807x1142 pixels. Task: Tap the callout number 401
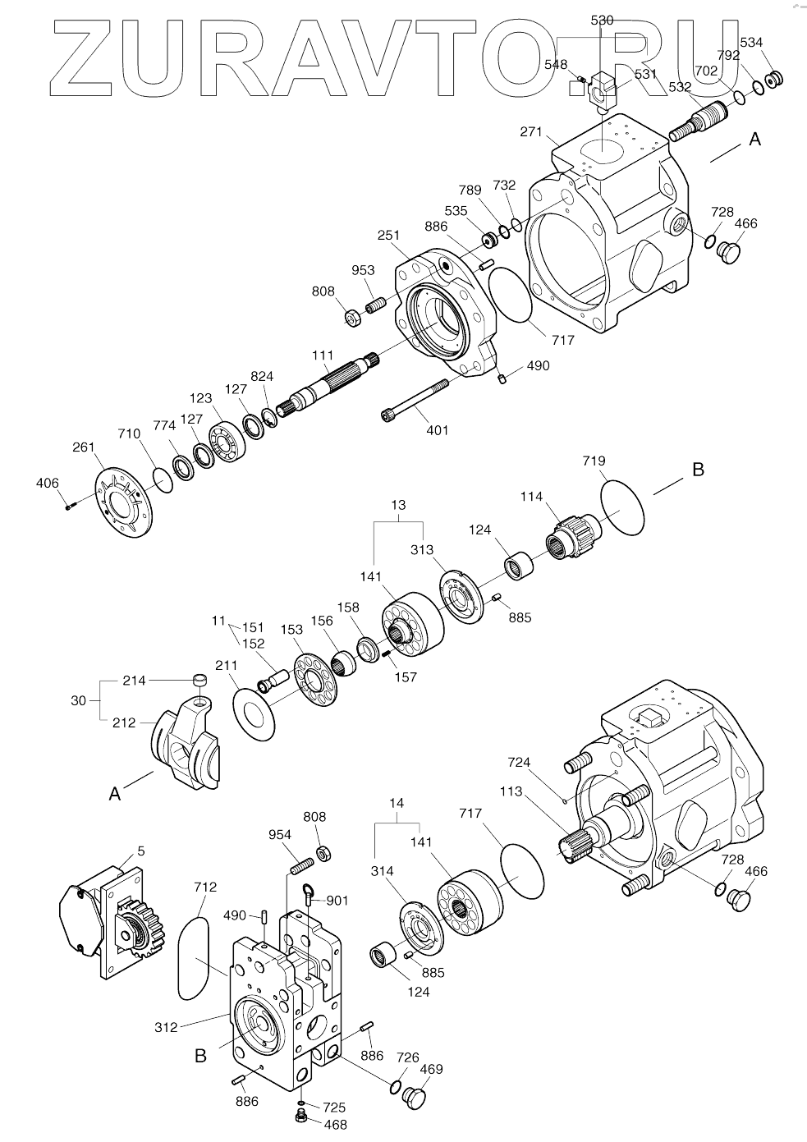pyautogui.click(x=438, y=429)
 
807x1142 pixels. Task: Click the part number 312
pyautogui.click(x=167, y=1027)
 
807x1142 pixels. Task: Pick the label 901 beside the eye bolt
pyautogui.click(x=337, y=900)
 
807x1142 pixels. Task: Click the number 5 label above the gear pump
pyautogui.click(x=141, y=851)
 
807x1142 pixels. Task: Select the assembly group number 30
pyautogui.click(x=78, y=700)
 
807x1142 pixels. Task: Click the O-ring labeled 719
pyautogui.click(x=622, y=507)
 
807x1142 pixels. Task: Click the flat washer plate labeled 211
pyautogui.click(x=254, y=704)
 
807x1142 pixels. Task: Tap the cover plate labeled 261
pyautogui.click(x=124, y=502)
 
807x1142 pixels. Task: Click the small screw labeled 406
pyautogui.click(x=68, y=507)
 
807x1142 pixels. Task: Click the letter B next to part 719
pyautogui.click(x=698, y=470)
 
